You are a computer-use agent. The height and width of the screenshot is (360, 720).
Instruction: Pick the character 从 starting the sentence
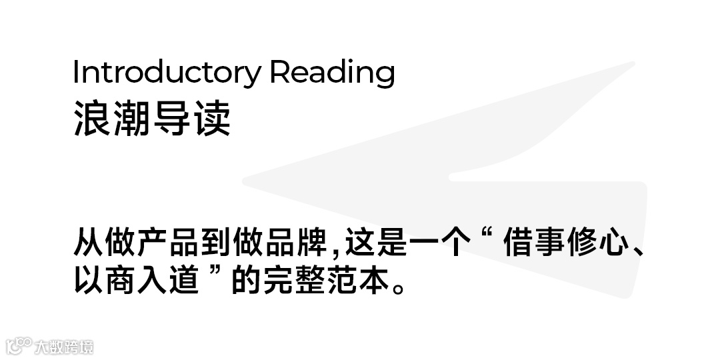tap(88, 243)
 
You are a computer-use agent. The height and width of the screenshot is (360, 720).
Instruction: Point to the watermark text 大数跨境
tap(64, 347)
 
